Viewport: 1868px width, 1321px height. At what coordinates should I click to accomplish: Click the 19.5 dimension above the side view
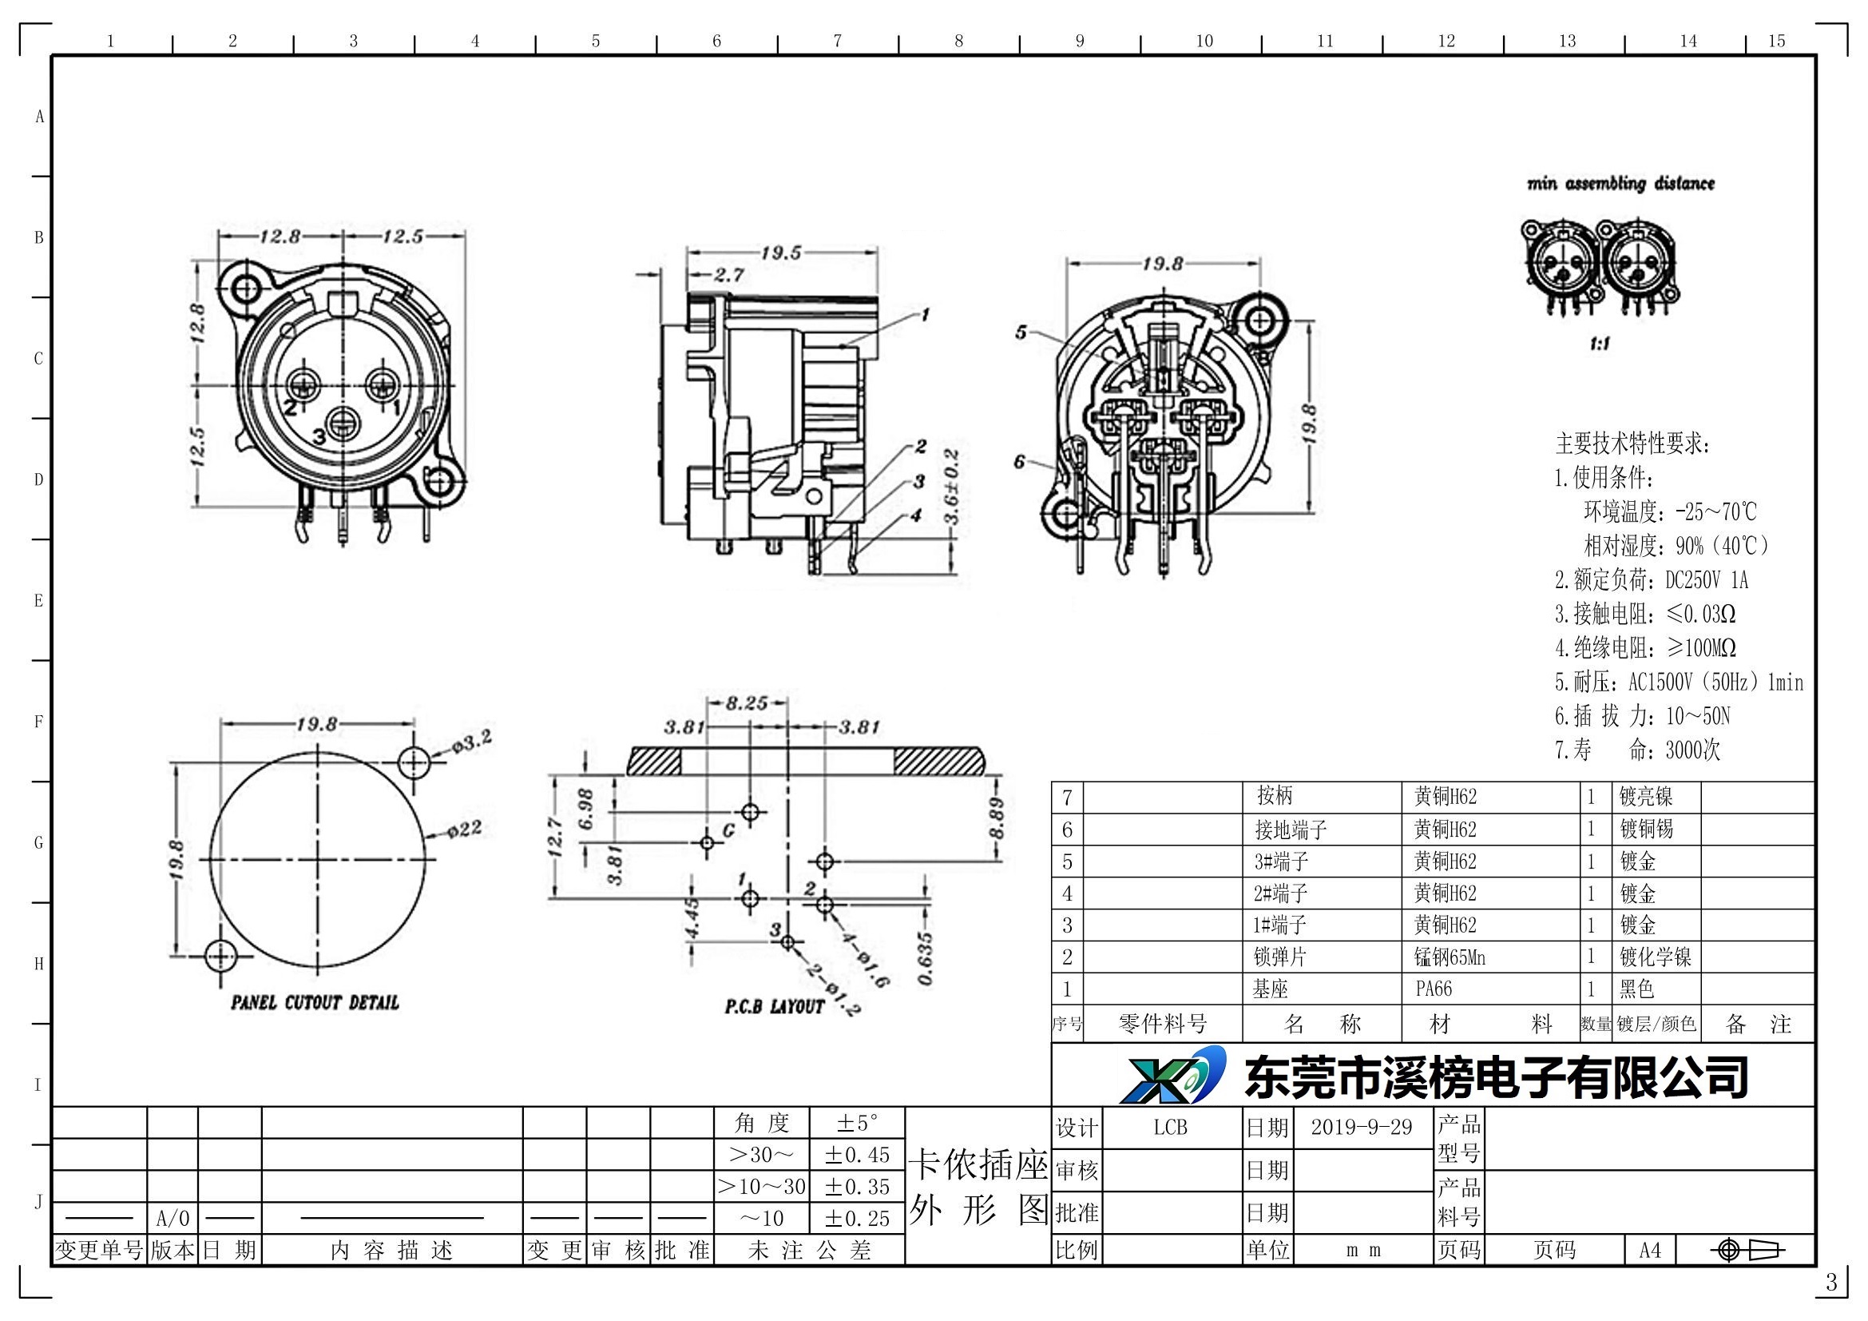click(x=781, y=253)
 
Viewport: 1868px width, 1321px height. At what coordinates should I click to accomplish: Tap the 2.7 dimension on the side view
click(x=728, y=275)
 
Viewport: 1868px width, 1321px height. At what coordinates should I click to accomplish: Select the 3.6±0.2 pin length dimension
click(x=953, y=486)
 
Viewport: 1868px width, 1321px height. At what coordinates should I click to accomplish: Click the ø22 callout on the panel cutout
click(x=466, y=830)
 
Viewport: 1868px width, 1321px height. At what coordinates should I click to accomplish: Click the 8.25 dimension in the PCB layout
click(x=746, y=703)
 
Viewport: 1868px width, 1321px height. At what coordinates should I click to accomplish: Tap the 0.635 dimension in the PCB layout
click(x=925, y=959)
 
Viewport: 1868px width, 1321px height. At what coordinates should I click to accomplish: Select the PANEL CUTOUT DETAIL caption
click(x=315, y=1003)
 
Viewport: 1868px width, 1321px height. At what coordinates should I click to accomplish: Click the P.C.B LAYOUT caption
click(x=775, y=1007)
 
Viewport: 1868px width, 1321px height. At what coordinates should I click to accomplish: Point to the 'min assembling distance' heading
click(x=1620, y=184)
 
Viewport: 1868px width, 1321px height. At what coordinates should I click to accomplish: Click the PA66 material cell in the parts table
click(x=1434, y=989)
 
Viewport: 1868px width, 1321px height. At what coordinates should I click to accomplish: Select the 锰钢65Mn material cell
click(x=1450, y=957)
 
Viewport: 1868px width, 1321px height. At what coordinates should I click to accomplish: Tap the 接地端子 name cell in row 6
click(x=1291, y=830)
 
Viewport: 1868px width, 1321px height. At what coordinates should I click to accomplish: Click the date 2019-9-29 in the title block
click(x=1361, y=1128)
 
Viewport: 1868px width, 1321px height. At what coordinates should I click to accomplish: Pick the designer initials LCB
click(x=1170, y=1128)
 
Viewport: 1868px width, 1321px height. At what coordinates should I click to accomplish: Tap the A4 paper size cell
click(x=1650, y=1250)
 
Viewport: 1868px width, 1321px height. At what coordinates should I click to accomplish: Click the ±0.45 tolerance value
click(x=857, y=1155)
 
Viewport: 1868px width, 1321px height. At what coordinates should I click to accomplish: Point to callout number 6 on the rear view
click(x=1019, y=462)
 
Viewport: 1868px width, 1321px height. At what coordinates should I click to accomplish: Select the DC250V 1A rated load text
click(x=1706, y=580)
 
